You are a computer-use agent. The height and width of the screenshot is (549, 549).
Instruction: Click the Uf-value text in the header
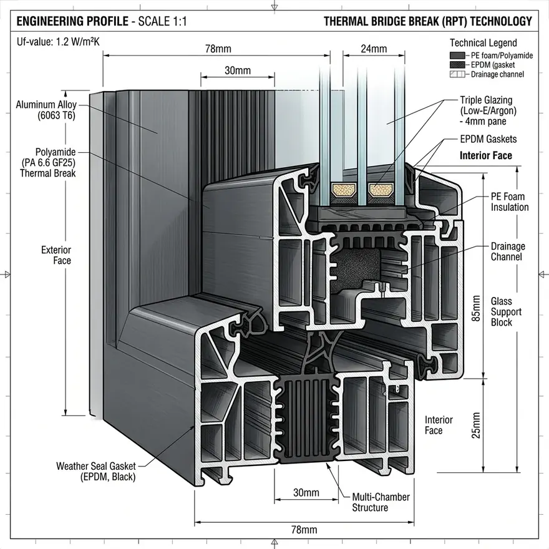pos(58,42)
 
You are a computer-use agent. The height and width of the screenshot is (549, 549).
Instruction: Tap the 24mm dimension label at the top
pos(374,49)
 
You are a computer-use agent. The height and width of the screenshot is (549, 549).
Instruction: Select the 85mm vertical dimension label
pos(476,308)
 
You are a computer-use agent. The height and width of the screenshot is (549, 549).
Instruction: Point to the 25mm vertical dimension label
pos(476,425)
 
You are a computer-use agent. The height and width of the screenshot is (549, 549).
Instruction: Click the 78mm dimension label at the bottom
pos(304,530)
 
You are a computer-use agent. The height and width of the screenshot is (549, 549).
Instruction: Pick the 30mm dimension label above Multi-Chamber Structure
pos(306,493)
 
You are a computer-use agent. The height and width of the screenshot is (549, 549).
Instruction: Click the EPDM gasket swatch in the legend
pos(457,65)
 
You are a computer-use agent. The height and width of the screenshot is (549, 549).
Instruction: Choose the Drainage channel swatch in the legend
pos(457,74)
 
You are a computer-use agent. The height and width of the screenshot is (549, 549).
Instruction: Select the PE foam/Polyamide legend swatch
pos(457,56)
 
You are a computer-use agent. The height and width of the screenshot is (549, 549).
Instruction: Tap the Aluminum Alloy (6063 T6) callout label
pos(46,110)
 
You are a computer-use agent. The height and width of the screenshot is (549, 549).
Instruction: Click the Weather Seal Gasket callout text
pos(96,471)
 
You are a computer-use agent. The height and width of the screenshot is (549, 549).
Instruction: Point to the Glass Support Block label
pos(506,311)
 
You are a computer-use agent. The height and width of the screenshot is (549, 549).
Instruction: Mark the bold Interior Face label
pos(485,155)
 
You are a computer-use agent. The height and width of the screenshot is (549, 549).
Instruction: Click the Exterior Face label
pos(56,255)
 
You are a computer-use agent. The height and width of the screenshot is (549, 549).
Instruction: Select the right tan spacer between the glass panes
pos(381,190)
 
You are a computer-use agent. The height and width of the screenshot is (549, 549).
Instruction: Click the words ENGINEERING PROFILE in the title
pos(72,21)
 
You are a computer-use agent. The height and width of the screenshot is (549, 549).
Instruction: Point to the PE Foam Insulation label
pos(510,202)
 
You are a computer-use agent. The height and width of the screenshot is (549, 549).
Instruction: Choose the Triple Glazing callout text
pos(488,110)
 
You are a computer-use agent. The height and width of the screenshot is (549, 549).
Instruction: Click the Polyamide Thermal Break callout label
pos(48,163)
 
